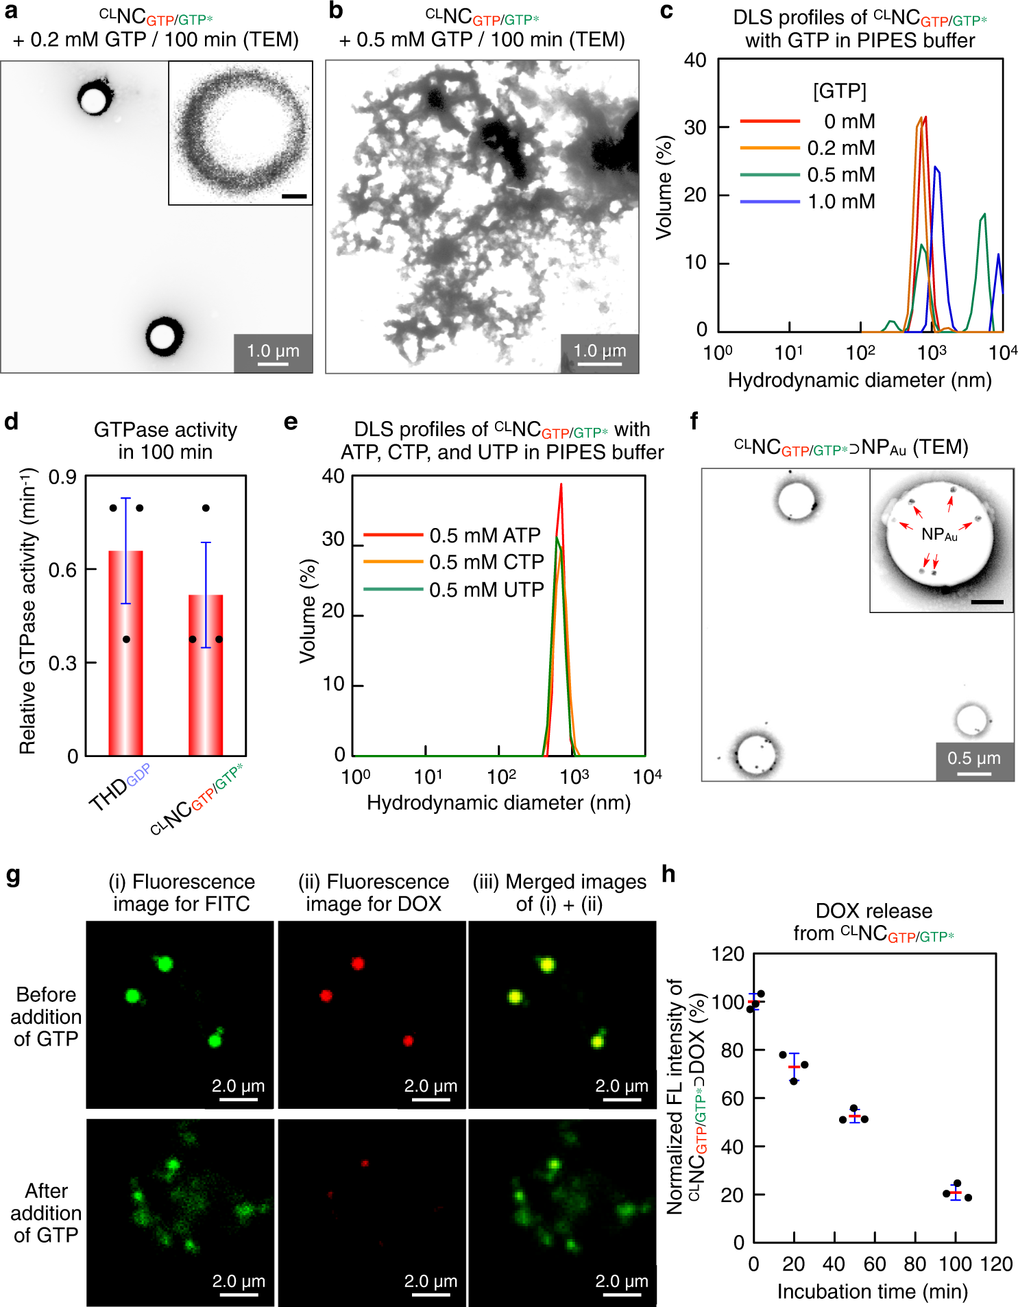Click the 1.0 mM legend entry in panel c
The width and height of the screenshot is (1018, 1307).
point(840,202)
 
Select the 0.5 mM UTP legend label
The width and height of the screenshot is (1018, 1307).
point(486,590)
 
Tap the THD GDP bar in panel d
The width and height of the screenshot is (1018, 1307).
point(126,651)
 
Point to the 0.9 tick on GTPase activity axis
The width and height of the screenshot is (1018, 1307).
point(62,477)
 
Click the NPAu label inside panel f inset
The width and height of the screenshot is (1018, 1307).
point(938,534)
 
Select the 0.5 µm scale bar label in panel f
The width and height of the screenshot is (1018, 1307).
point(973,758)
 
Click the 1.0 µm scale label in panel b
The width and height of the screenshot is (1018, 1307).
point(600,351)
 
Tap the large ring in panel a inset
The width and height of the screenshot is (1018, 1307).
point(240,132)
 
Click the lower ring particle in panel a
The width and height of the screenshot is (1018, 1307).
point(164,336)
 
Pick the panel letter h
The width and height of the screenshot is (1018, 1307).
point(668,874)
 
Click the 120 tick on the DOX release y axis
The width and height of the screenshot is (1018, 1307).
point(727,955)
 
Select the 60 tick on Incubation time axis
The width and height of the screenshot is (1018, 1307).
point(874,1264)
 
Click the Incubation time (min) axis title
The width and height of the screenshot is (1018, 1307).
point(872,1292)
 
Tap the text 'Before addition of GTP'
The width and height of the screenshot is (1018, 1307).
point(46,1016)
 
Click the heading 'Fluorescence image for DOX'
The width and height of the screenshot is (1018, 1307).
point(374,892)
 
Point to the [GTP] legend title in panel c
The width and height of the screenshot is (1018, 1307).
point(839,91)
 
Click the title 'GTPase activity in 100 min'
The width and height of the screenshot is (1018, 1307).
point(165,440)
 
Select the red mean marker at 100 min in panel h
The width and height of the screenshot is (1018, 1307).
point(956,1193)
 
